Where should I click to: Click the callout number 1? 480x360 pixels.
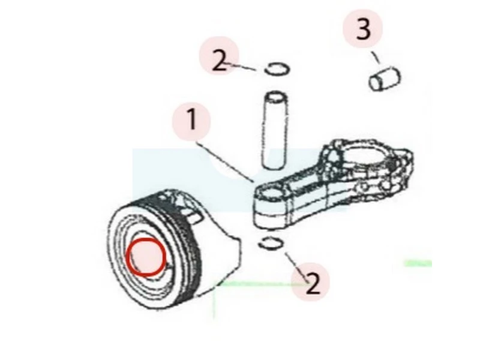[191, 119]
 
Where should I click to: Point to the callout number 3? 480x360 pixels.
[364, 29]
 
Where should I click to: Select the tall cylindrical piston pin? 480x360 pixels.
[274, 130]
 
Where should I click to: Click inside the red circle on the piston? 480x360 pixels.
[146, 257]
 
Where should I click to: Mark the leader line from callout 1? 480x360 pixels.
[226, 161]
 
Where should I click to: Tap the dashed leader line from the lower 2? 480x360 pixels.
[296, 267]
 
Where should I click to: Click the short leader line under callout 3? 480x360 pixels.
[376, 58]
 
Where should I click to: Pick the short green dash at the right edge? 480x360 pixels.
[418, 263]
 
